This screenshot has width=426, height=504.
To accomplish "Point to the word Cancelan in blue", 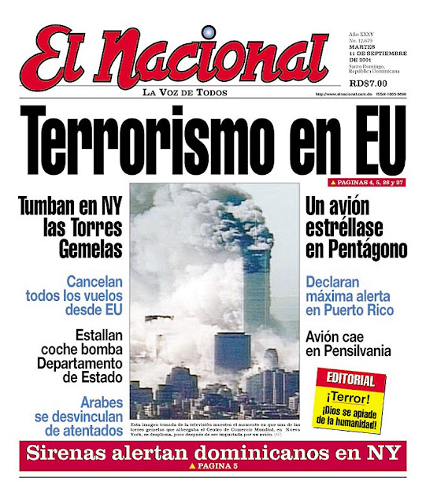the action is coord(95,281).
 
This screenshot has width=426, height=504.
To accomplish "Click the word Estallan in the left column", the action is coord(98,334).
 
